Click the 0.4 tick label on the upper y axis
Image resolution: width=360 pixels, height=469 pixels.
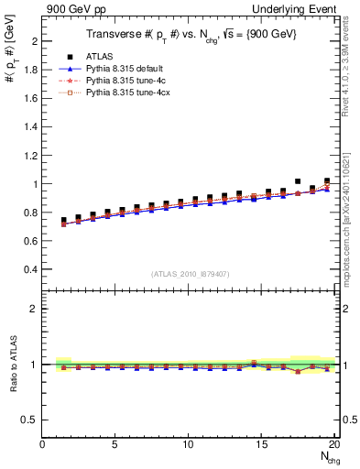click(x=30, y=269)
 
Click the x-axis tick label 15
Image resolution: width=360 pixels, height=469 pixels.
click(x=262, y=444)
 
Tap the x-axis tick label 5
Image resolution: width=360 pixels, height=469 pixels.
click(x=115, y=444)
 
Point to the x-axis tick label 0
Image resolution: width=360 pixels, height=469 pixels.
click(x=43, y=444)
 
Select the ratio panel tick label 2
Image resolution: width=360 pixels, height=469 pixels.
click(x=33, y=309)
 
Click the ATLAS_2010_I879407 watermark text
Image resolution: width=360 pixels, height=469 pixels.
click(x=190, y=274)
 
